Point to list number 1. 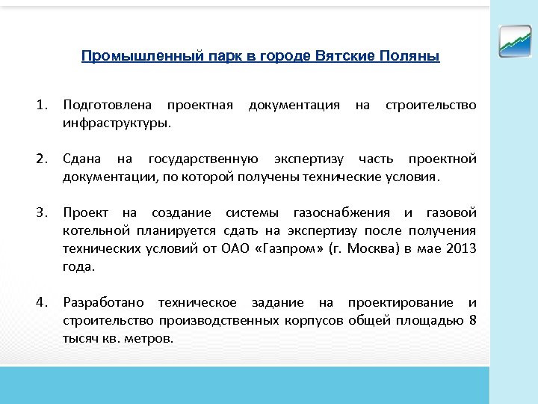pos(43,105)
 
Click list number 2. pos(43,159)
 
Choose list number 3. pos(43,212)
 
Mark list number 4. pos(43,302)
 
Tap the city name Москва pos(359,248)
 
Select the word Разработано pos(105,302)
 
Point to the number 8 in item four pos(472,320)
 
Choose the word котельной pos(96,230)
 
